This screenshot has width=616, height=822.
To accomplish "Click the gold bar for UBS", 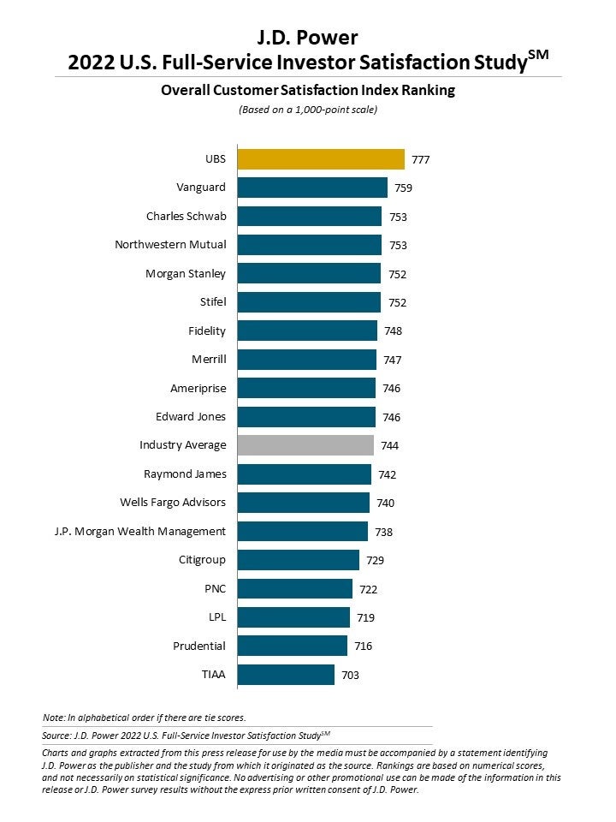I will pos(320,159).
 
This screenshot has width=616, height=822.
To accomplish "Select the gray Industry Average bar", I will pos(305,445).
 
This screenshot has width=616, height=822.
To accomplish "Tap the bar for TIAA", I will pos(285,675).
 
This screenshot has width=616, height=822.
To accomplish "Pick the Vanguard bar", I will pos(311,188).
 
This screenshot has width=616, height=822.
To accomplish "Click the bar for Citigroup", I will pos(298,560).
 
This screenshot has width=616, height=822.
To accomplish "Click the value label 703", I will pos(351,675).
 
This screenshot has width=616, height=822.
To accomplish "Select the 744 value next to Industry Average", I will pos(390,445).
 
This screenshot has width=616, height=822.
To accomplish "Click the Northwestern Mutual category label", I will pos(170,245).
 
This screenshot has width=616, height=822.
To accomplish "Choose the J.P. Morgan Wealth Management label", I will pos(139,531).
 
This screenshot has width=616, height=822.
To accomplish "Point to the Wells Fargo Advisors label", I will pos(173,503).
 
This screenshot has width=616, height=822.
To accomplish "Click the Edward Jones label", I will pos(191,417).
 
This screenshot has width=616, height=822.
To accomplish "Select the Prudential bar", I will pos(292,646).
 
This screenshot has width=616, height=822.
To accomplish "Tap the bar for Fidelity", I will pos(306,331).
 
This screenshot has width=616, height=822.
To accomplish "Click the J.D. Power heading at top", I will pos(308,37).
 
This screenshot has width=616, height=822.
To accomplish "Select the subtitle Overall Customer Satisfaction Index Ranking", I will pos(308,89).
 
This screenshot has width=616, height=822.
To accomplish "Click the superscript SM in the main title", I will pos(538,55).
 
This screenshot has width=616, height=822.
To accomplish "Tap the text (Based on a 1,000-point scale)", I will pos(307,109).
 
